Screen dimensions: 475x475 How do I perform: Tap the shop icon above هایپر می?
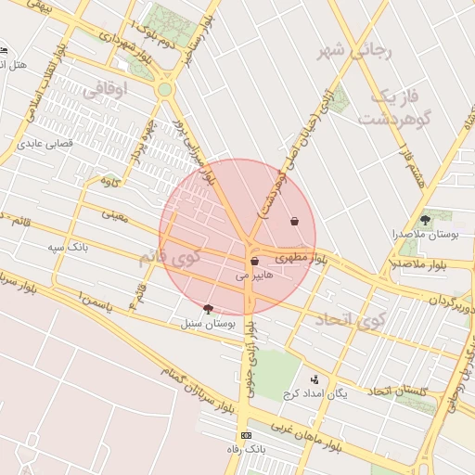(254, 263)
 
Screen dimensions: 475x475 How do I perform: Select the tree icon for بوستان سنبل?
(207, 309)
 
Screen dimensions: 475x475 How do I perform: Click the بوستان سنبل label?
(208, 323)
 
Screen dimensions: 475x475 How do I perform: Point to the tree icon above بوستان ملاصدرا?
(425, 220)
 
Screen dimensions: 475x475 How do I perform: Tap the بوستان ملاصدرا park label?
(427, 235)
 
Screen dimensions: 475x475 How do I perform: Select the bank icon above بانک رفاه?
(246, 435)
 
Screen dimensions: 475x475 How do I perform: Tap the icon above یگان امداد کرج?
(315, 379)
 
